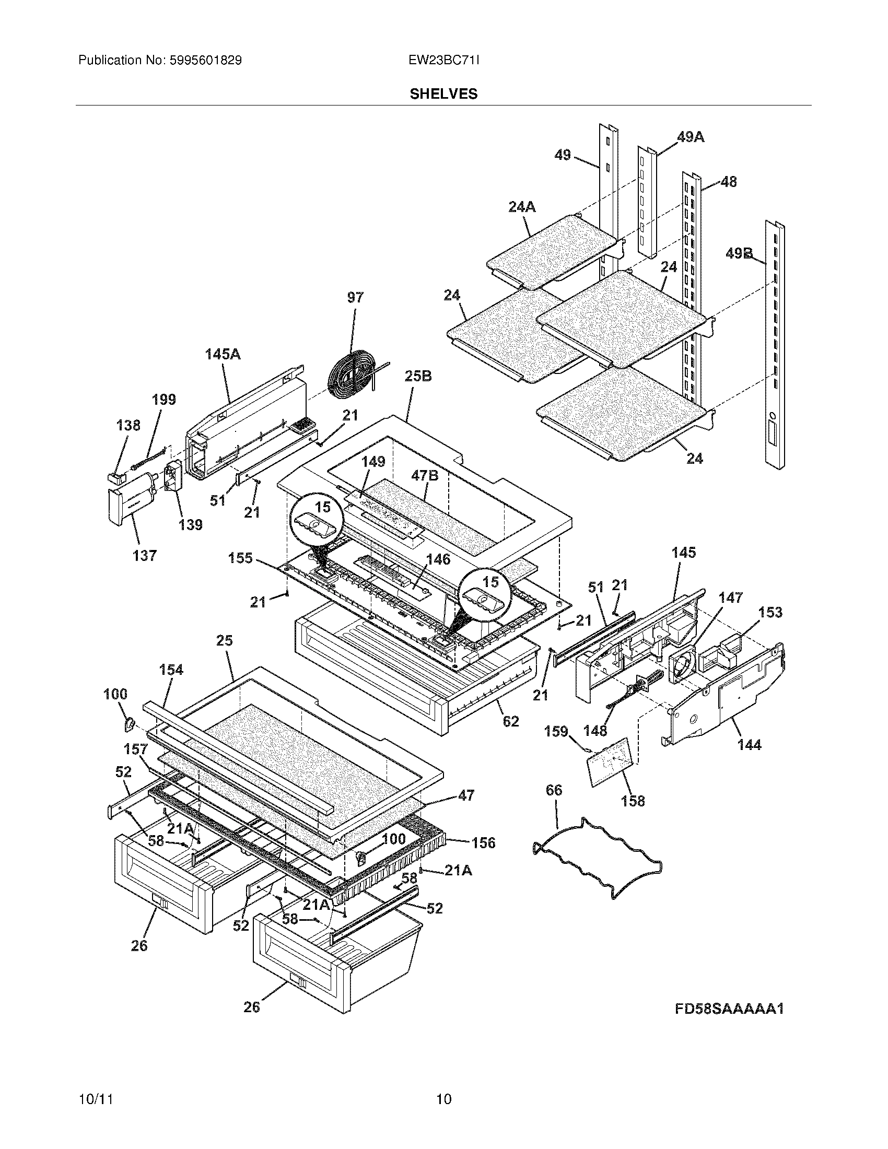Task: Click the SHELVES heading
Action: pos(443,94)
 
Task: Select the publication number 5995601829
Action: pos(205,61)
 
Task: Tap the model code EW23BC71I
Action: pos(443,61)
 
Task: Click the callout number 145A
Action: pos(223,354)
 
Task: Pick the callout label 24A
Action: pos(522,207)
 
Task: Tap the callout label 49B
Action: pos(739,254)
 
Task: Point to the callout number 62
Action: pos(511,721)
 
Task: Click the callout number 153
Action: pos(770,613)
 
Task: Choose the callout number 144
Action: pos(749,744)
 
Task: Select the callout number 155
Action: pos(240,558)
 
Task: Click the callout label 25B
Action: pos(418,376)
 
